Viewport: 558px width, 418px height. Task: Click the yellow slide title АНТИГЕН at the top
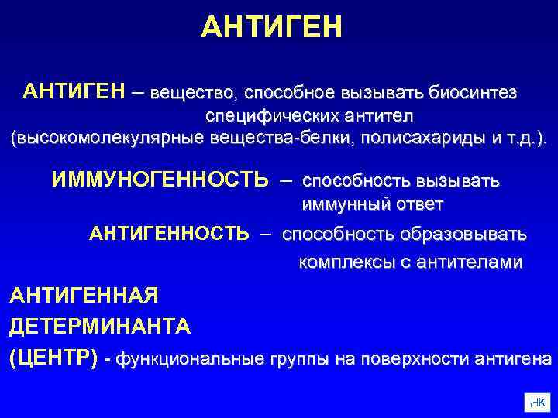pyautogui.click(x=270, y=27)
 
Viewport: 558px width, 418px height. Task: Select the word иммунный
pyautogui.click(x=346, y=204)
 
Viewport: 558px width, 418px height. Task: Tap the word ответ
pyautogui.click(x=419, y=204)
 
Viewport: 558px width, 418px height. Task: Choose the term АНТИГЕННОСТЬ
pyautogui.click(x=170, y=234)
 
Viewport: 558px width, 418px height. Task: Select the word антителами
pyautogui.click(x=470, y=262)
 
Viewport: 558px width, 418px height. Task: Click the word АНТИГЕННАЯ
pyautogui.click(x=84, y=295)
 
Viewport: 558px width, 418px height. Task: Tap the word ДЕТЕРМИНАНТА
pyautogui.click(x=99, y=327)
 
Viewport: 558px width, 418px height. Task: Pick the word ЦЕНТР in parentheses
pyautogui.click(x=53, y=359)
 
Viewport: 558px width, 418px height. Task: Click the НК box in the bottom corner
pyautogui.click(x=536, y=401)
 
